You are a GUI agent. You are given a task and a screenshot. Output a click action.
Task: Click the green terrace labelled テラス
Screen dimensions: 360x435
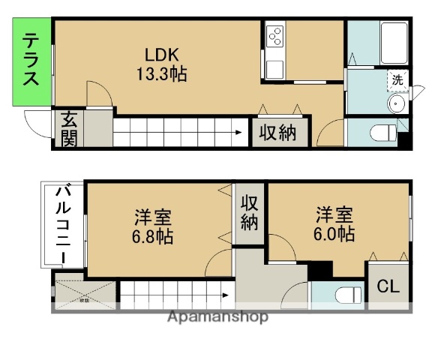31,61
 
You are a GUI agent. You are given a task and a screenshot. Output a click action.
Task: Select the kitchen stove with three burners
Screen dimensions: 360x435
274,35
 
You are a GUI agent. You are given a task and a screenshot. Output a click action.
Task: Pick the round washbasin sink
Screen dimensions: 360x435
397,103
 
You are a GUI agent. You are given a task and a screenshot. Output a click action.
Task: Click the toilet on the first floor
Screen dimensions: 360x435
385,133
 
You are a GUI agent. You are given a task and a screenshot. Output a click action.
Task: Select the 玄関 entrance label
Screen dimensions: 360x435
69,128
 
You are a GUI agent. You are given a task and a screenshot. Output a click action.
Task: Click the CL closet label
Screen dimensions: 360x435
388,286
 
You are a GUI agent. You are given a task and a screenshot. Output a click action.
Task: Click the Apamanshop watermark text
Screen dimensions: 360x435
217,316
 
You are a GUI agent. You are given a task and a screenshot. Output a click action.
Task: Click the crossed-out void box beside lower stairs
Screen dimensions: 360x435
85,293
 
